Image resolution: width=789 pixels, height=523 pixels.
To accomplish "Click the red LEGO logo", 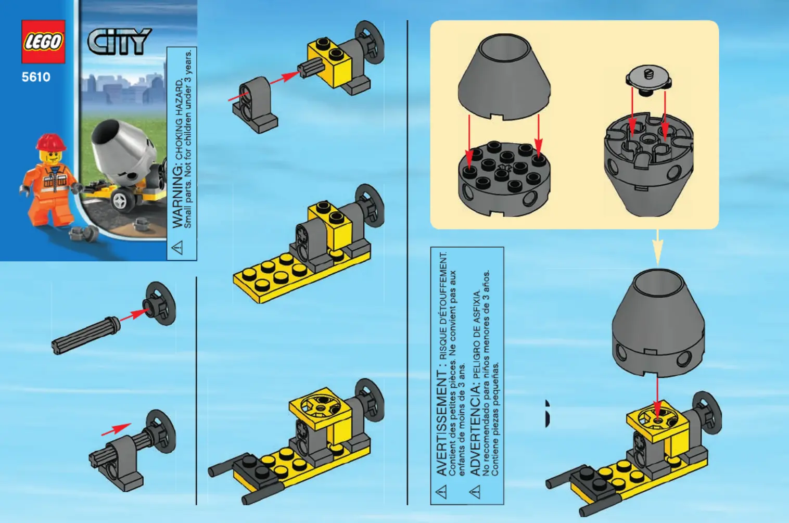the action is pyautogui.click(x=43, y=42).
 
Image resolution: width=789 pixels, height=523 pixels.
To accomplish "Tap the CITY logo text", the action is pyautogui.click(x=119, y=42).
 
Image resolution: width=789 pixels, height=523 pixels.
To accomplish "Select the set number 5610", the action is pyautogui.click(x=36, y=77).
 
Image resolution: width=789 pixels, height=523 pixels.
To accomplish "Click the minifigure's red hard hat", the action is pyautogui.click(x=50, y=142).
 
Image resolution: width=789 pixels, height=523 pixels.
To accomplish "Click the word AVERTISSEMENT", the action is pyautogui.click(x=442, y=423).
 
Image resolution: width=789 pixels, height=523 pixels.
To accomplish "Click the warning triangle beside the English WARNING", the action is pyautogui.click(x=177, y=247).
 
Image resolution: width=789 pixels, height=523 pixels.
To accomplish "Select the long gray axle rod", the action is pyautogui.click(x=86, y=335).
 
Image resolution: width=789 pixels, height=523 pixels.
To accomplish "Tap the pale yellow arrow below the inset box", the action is pyautogui.click(x=657, y=247).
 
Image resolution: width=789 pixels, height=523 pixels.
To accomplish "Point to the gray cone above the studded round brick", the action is pyautogui.click(x=504, y=77).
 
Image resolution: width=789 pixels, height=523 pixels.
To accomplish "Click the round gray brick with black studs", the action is pyautogui.click(x=504, y=178).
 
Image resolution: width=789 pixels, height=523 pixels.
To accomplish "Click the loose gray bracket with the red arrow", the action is pyautogui.click(x=255, y=105).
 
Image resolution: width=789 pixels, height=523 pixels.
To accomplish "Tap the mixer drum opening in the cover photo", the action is pyautogui.click(x=106, y=133).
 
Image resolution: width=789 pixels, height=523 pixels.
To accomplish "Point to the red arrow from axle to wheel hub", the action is pyautogui.click(x=134, y=314).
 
